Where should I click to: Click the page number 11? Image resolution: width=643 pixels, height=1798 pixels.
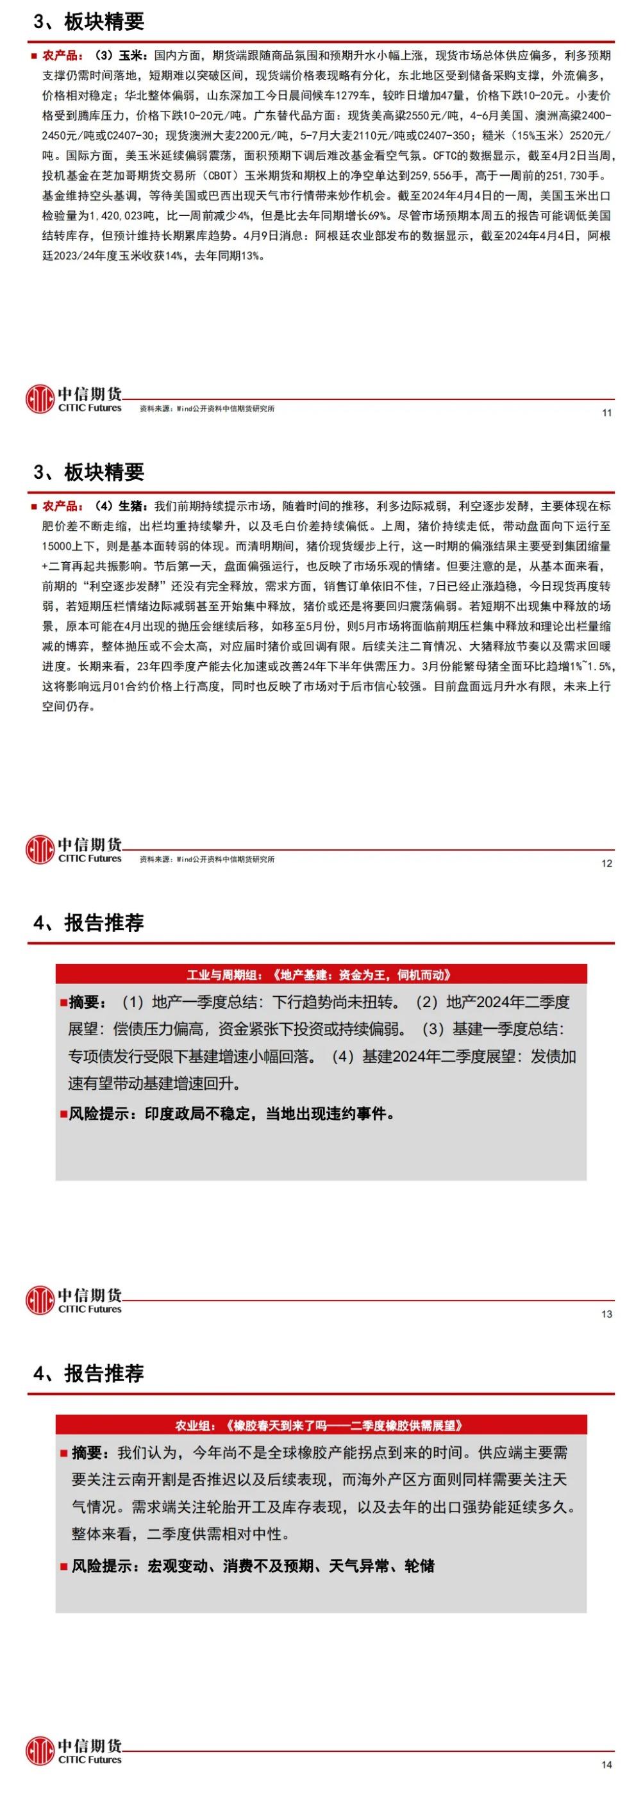pyautogui.click(x=606, y=413)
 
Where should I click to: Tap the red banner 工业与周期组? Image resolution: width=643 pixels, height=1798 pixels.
pyautogui.click(x=321, y=975)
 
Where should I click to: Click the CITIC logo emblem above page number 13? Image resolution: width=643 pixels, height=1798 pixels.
pyautogui.click(x=40, y=1301)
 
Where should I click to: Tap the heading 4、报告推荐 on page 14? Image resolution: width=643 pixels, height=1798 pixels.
pyautogui.click(x=88, y=1374)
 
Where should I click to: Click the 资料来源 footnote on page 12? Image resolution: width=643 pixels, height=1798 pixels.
pyautogui.click(x=206, y=859)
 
